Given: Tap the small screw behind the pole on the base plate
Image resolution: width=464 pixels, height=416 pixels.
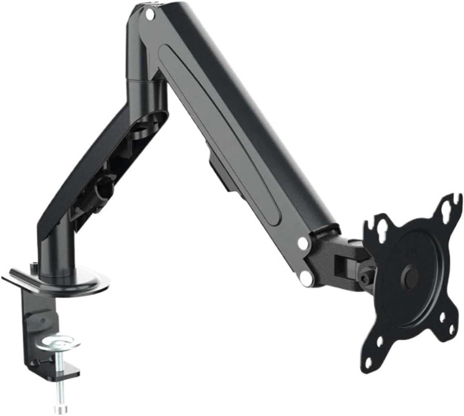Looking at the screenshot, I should [33, 267].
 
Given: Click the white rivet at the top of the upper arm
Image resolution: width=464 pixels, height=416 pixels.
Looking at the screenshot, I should [149, 15].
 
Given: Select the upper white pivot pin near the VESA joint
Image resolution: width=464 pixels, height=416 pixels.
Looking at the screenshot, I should [303, 244].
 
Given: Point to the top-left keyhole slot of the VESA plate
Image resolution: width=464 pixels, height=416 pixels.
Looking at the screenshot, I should [384, 229].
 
